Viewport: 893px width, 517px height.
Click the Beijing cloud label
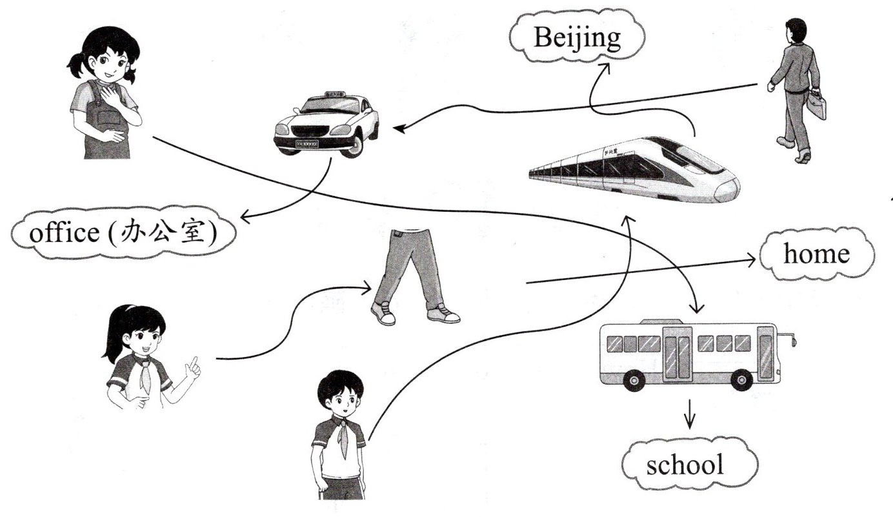click(576, 38)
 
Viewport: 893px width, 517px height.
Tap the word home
click(816, 254)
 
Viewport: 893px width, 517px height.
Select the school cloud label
click(685, 464)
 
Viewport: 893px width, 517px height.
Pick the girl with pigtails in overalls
click(103, 94)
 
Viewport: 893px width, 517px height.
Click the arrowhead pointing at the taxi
click(398, 129)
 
